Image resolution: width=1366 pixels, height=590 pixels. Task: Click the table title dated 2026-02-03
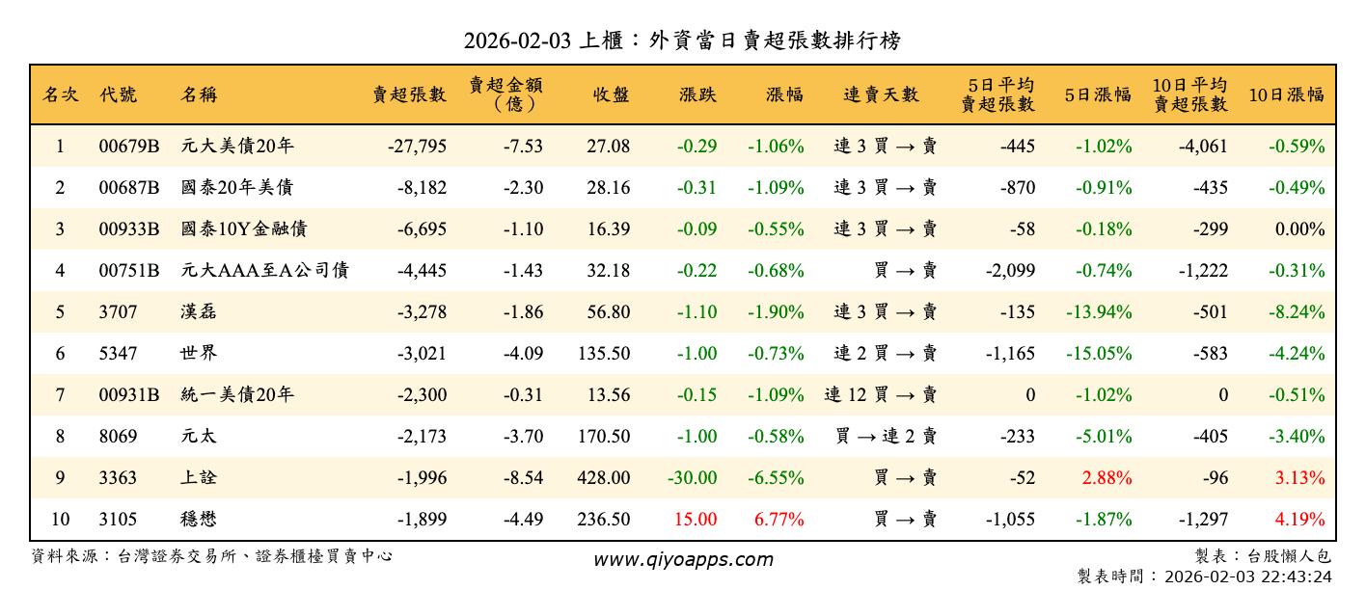click(x=682, y=40)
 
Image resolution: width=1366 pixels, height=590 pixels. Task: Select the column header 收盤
click(x=612, y=94)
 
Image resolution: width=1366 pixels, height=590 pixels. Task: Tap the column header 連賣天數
click(x=881, y=94)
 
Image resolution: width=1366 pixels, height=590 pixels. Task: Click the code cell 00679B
click(x=128, y=147)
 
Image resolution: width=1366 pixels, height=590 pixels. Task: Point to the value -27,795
click(x=417, y=147)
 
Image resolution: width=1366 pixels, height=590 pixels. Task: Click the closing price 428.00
click(x=604, y=478)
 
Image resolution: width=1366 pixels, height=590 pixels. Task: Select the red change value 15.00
click(x=696, y=520)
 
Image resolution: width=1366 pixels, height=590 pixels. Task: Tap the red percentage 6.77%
click(x=779, y=520)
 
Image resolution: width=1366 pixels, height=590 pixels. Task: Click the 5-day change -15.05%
click(x=1099, y=354)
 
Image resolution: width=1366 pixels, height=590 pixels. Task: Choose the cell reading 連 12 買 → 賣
click(x=880, y=395)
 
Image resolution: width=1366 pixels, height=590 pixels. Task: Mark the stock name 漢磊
click(x=199, y=312)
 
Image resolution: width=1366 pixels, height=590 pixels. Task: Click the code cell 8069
click(x=118, y=437)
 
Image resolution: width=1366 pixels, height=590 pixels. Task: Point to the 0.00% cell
click(x=1299, y=229)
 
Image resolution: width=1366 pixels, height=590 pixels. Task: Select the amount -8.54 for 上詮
click(x=523, y=478)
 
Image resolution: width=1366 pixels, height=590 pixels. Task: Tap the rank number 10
click(x=60, y=520)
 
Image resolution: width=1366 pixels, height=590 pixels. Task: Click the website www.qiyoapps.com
click(x=682, y=560)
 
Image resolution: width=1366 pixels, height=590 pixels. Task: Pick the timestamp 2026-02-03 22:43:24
click(x=1248, y=577)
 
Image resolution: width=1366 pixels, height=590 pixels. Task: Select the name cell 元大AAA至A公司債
click(x=264, y=271)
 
